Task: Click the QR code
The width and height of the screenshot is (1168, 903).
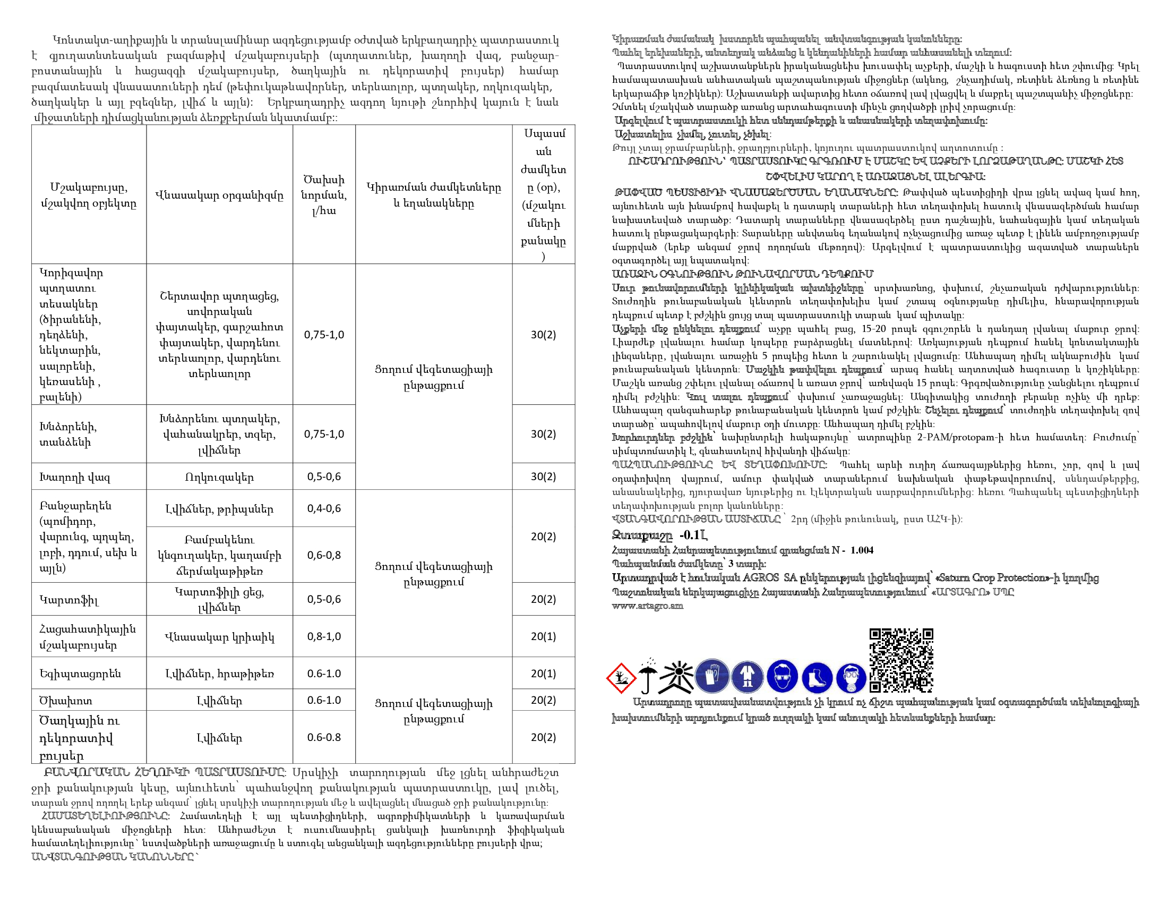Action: [x=901, y=660]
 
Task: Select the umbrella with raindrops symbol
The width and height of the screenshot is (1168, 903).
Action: [x=648, y=676]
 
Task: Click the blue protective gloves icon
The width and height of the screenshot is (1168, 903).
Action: [x=712, y=676]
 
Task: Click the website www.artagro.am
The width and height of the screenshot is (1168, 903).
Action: [x=648, y=606]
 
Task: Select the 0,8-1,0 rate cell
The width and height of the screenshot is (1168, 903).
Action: [x=324, y=636]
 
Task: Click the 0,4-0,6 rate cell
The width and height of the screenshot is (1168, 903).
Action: [x=324, y=509]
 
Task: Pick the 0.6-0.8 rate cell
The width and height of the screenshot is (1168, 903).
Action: [x=324, y=737]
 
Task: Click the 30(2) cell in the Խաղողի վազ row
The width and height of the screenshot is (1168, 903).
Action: [x=543, y=476]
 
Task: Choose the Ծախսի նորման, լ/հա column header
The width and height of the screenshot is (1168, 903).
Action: [x=324, y=195]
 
